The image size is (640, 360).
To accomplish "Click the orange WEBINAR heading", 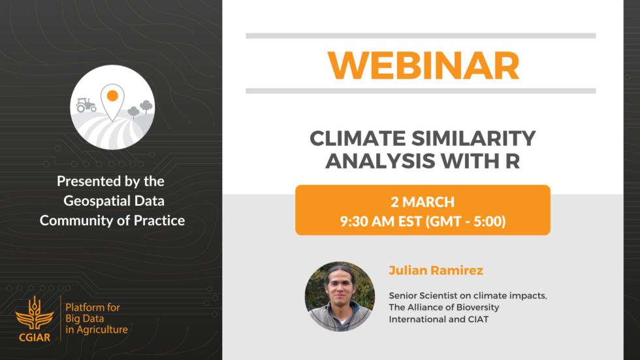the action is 423,65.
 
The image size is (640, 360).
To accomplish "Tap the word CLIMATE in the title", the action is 358,138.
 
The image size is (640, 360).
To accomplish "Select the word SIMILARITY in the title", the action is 473,138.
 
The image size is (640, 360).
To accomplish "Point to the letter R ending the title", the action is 513,161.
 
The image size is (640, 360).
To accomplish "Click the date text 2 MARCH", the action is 423,202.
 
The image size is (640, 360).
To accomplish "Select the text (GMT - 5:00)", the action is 466,221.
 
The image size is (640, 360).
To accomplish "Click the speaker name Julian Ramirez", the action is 436,270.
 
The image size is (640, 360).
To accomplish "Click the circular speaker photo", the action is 340,297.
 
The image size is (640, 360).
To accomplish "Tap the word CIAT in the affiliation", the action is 478,319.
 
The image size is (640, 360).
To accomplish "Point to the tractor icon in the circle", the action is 86,105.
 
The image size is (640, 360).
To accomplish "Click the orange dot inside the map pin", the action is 112,96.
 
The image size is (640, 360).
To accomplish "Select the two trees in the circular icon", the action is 140,108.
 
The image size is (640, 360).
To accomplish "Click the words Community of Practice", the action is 112,220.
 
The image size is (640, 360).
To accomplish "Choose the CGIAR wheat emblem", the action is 34,313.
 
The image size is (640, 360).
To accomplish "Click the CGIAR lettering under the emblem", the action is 35,337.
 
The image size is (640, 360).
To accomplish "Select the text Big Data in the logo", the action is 84,319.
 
